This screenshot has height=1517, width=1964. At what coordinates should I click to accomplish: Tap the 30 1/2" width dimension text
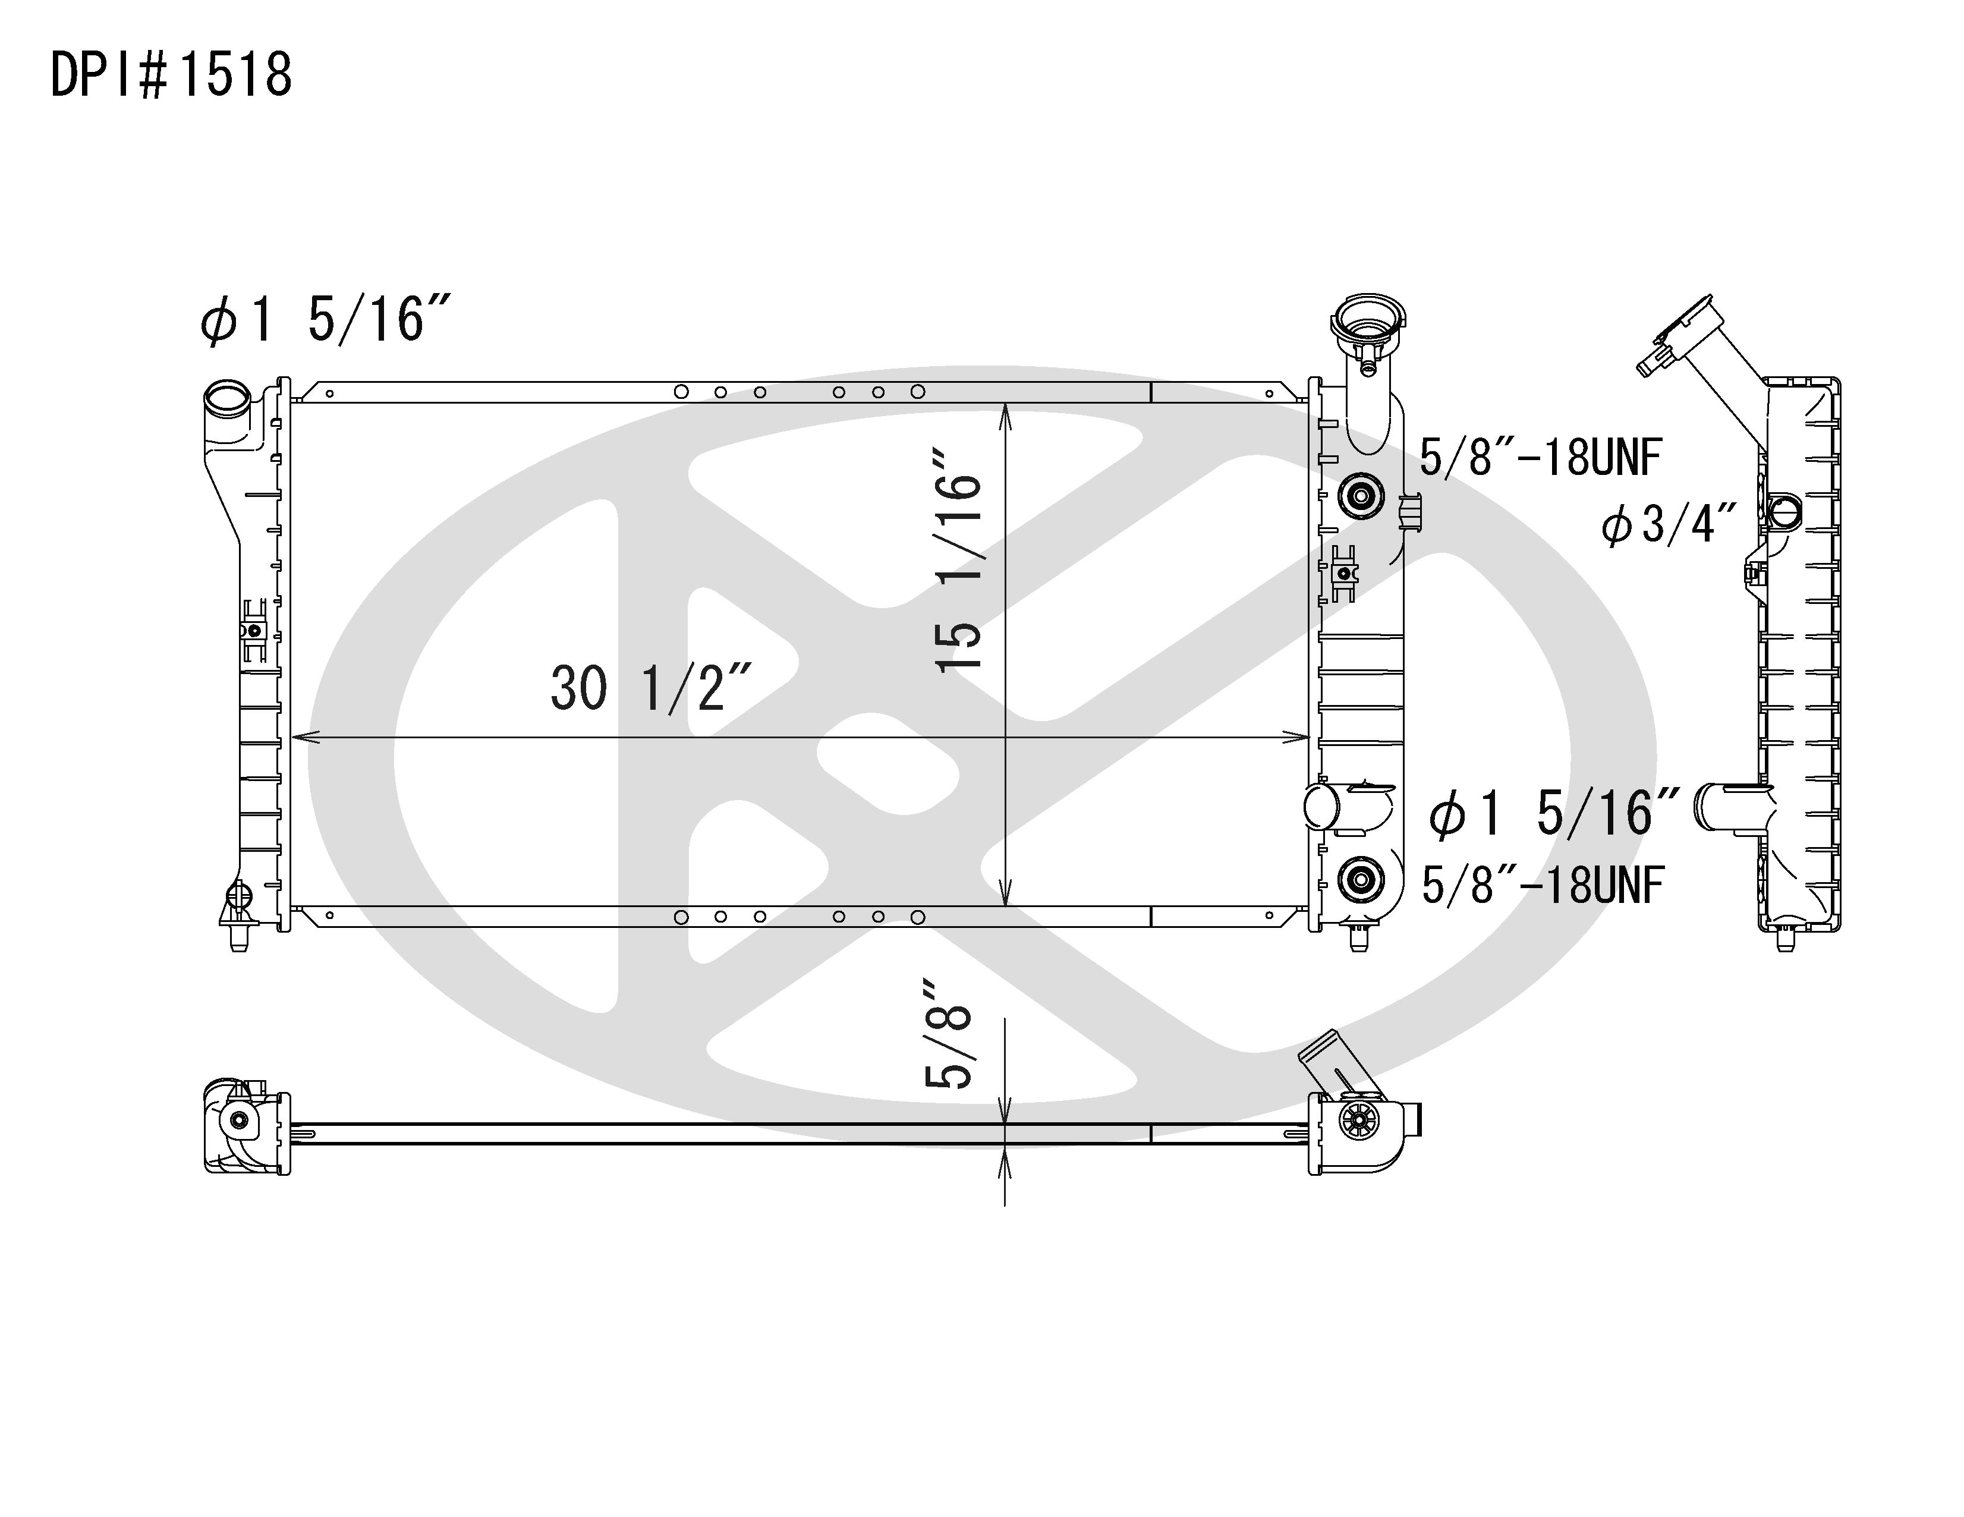tap(651, 689)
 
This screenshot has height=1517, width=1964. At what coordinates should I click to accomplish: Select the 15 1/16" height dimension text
tap(958, 559)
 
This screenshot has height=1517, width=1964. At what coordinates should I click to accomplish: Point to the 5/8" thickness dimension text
tap(949, 1035)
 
